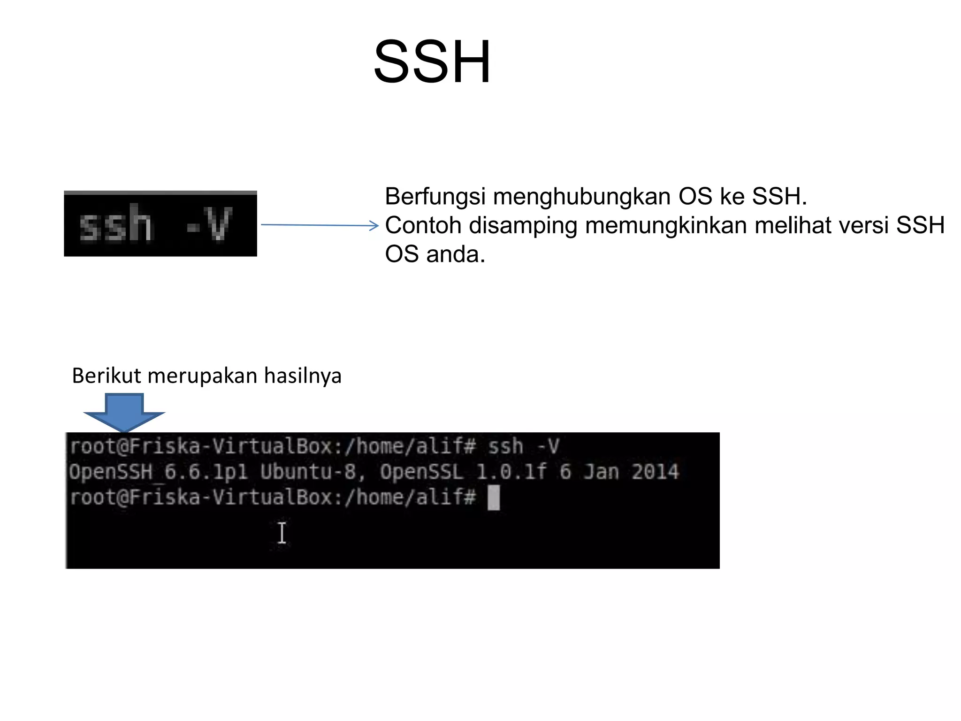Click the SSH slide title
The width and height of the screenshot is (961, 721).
432,62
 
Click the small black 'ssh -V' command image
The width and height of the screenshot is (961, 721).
160,224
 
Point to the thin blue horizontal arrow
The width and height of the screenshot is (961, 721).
319,225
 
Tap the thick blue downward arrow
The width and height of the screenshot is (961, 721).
124,411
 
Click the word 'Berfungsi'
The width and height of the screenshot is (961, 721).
435,196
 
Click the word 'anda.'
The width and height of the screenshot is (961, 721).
455,254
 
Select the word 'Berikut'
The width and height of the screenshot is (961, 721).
107,376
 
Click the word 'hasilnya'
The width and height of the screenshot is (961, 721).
303,376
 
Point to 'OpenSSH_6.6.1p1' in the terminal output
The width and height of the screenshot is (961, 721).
158,472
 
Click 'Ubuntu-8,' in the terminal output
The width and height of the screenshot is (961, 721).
313,472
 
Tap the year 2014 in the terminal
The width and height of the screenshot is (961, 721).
655,472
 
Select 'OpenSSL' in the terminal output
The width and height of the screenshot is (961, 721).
421,472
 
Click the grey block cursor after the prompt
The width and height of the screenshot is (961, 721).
494,498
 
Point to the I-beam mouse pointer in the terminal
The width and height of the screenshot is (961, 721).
282,533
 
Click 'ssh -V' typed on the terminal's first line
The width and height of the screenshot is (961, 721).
524,446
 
